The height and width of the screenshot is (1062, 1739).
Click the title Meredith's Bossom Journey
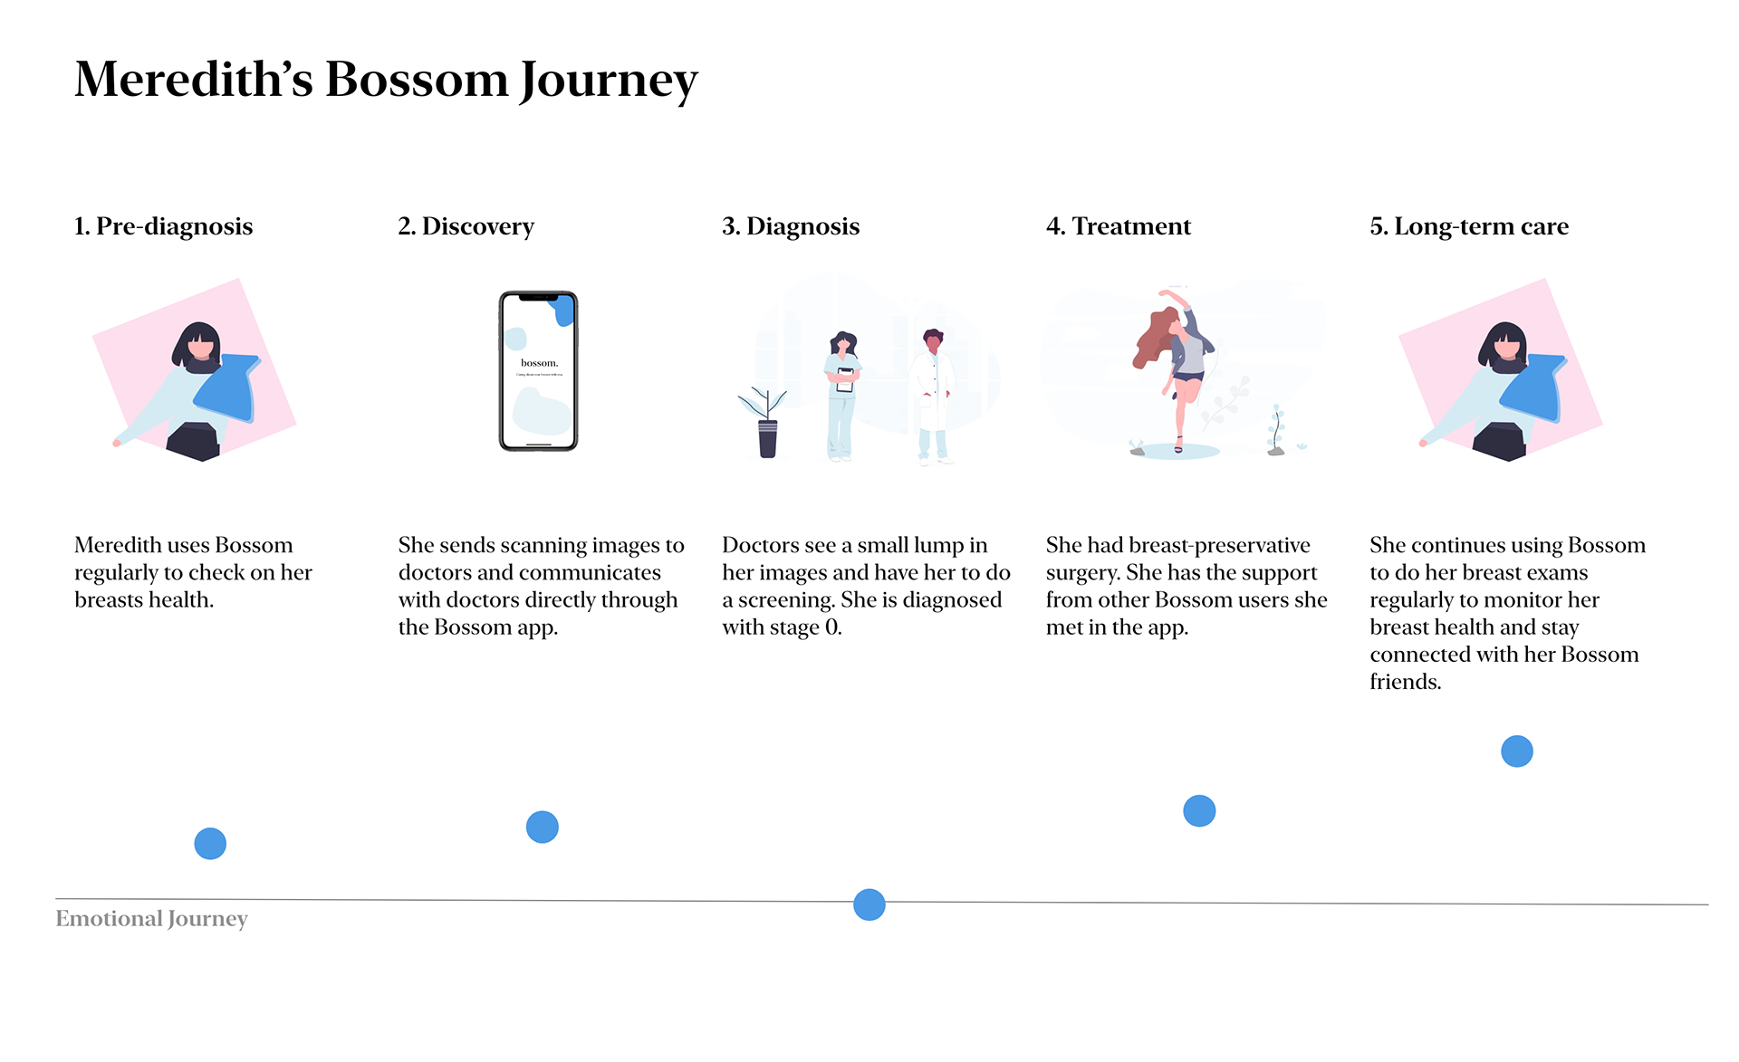coord(386,81)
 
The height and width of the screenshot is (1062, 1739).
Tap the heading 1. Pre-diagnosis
coord(163,226)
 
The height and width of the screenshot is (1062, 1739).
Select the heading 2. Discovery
coord(466,226)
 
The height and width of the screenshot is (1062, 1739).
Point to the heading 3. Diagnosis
coord(791,226)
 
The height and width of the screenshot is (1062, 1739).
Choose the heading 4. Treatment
coord(1119,226)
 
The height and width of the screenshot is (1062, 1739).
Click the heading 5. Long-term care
coord(1469,226)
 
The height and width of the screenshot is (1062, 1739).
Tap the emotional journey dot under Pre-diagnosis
coord(210,844)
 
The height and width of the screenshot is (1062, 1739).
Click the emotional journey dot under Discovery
coord(543,827)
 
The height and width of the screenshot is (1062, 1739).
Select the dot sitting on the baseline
coord(869,904)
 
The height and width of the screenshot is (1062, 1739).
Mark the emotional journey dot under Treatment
coord(1199,810)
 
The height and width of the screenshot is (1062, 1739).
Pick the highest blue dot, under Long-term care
coord(1517,751)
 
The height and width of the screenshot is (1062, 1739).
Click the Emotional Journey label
coord(151,919)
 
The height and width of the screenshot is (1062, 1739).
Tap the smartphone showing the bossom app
coord(538,370)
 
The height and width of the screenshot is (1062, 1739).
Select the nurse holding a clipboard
coord(842,397)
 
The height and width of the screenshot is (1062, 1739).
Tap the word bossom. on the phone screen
coord(539,363)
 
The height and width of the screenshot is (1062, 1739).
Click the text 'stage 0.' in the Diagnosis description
coord(808,627)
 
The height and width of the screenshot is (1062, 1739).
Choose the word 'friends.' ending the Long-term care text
coord(1406,682)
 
